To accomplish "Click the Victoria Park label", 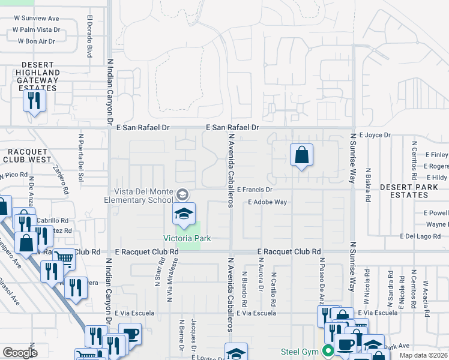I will click(x=187, y=239).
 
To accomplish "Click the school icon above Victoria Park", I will click(x=184, y=214).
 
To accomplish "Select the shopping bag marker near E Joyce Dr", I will click(x=301, y=155).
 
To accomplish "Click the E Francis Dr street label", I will click(x=255, y=190).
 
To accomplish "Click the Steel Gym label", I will click(x=301, y=351).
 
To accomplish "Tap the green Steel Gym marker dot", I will click(x=328, y=351).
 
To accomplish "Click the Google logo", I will click(x=20, y=353).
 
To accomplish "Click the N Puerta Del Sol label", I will click(x=80, y=153).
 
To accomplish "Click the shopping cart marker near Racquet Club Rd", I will click(x=64, y=259).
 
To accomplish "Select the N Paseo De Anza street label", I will click(x=322, y=282).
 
